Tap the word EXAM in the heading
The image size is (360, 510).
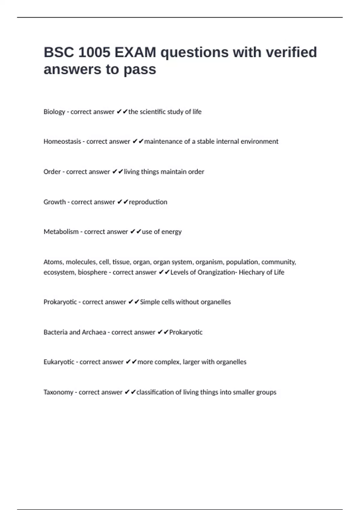coord(135,52)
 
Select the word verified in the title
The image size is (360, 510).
coord(291,52)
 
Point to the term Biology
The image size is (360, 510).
coord(54,112)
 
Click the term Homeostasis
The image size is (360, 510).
coord(62,142)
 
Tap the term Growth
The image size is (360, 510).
coord(55,202)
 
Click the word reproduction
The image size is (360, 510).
coord(148,202)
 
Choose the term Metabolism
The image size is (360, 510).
coord(61,232)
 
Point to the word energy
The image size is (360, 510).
coord(172,232)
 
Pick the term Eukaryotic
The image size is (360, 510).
coord(59,362)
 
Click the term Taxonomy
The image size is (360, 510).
coord(58,392)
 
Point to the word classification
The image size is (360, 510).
coord(155,392)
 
